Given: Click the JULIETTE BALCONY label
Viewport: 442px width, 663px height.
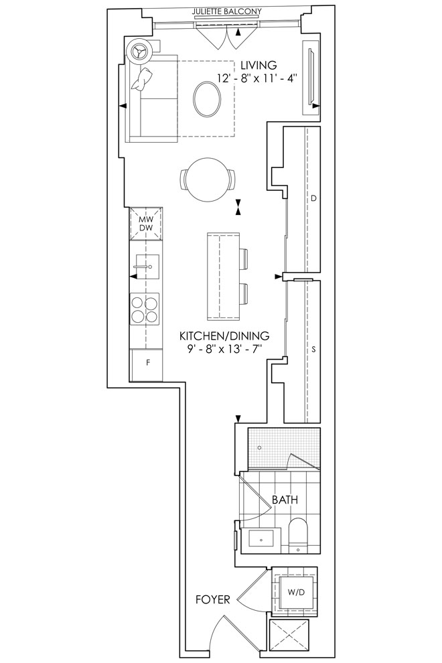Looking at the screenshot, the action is coord(227,11).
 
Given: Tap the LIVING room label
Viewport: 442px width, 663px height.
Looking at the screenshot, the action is coord(259,66).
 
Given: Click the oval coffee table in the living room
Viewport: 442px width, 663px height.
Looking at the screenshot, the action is coord(207,99).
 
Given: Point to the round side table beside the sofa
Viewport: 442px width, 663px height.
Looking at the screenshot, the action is coord(139,52).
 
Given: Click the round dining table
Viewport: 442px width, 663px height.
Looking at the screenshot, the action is coord(207,179).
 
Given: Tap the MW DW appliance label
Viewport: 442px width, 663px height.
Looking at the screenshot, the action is coord(145,224).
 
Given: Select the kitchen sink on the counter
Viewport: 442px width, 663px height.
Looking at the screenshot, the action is coord(147,268).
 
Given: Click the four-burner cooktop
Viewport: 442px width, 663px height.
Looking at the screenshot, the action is coord(145,309).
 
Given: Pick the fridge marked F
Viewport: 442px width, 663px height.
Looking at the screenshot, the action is coord(147,365).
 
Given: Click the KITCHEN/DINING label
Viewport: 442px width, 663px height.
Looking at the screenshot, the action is coord(224,336).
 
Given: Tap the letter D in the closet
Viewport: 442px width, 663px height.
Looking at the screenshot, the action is coord(313,198).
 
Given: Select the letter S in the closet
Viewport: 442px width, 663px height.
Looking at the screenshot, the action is coord(313,350).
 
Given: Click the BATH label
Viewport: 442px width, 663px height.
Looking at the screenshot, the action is coord(285,500).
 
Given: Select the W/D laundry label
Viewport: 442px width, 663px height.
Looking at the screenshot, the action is coord(296,593).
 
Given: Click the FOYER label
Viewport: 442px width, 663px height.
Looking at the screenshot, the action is coord(213,599).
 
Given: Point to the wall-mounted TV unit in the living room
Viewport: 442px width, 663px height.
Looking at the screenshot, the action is coord(311,78).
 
